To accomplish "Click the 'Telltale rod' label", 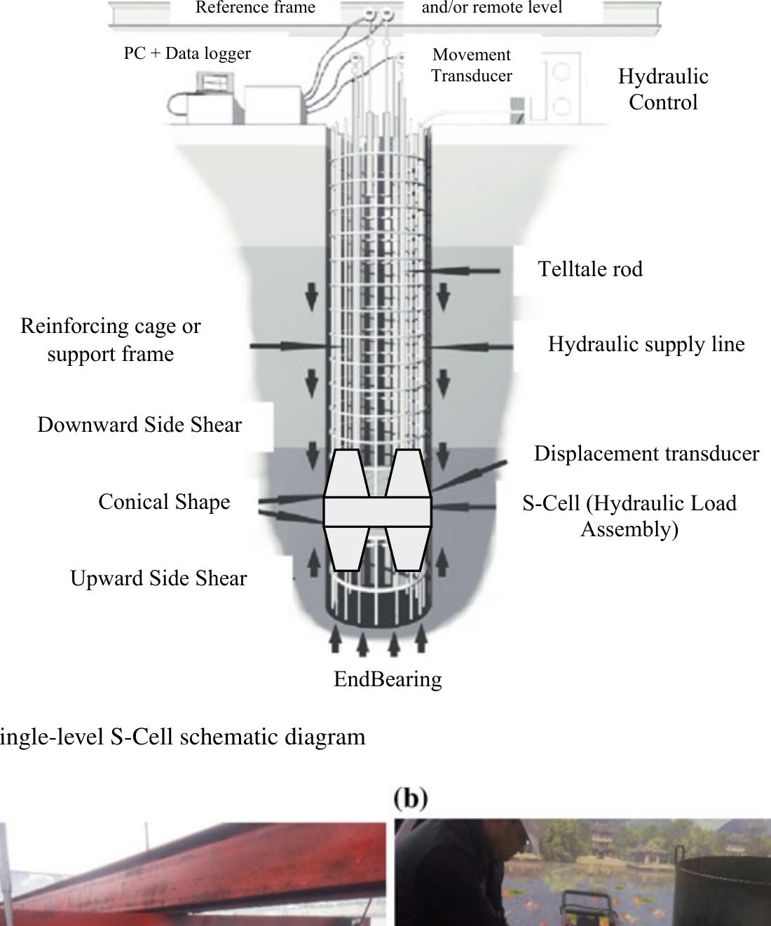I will [x=589, y=269].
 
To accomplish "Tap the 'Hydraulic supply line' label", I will [x=646, y=344].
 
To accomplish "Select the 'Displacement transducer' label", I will [x=646, y=454].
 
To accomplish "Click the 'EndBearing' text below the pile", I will [x=388, y=679].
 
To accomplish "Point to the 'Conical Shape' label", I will [x=164, y=502].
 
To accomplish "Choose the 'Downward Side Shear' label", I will [x=139, y=425].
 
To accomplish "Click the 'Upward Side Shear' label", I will [x=158, y=578].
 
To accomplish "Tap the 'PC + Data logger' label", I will [x=187, y=53].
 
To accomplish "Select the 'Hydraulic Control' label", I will [x=663, y=89].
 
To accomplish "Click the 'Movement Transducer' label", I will [x=471, y=65].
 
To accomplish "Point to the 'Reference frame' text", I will [x=255, y=8].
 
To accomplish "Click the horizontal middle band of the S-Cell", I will [x=377, y=511].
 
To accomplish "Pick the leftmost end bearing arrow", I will [x=336, y=639].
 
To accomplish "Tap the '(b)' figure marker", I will [x=411, y=798].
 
